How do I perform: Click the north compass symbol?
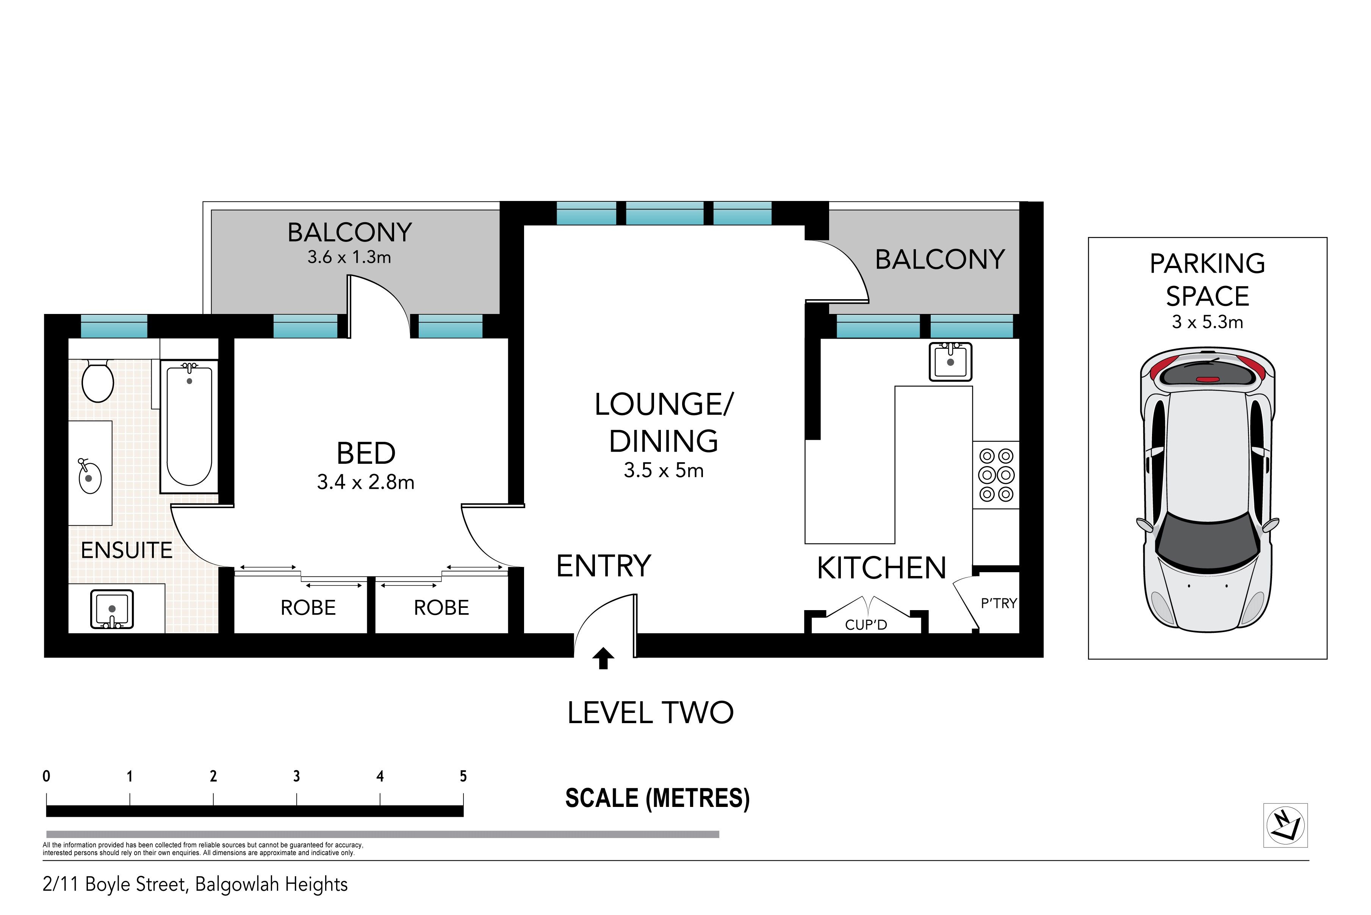pos(1286,825)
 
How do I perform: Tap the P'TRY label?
pos(999,603)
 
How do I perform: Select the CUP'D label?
pos(866,625)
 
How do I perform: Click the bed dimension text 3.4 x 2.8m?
pos(366,482)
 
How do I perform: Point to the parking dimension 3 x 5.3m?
pos(1208,322)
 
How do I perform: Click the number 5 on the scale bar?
pos(463,776)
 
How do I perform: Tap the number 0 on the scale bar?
pos(47,776)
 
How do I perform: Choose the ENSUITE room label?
pos(127,550)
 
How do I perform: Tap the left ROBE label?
pos(308,608)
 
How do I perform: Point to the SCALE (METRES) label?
pos(657,798)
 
